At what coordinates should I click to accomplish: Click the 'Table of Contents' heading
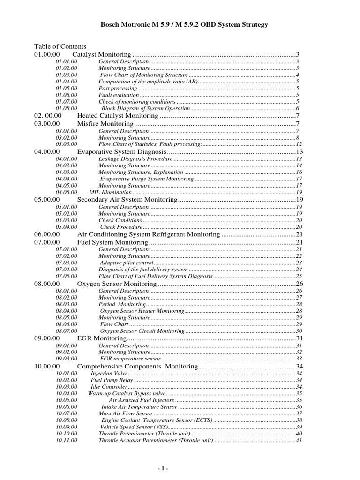pos(60,46)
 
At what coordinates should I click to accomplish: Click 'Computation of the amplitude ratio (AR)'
pos(148,82)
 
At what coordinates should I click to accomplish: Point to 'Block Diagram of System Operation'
pos(145,108)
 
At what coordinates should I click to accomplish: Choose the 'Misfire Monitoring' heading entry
pos(105,124)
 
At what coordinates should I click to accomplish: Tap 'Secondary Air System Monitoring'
pos(127,200)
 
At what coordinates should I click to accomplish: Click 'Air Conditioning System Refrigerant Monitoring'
pos(149,234)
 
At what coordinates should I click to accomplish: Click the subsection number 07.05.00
pos(67,276)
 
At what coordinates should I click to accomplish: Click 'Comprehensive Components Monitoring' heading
pos(138,366)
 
